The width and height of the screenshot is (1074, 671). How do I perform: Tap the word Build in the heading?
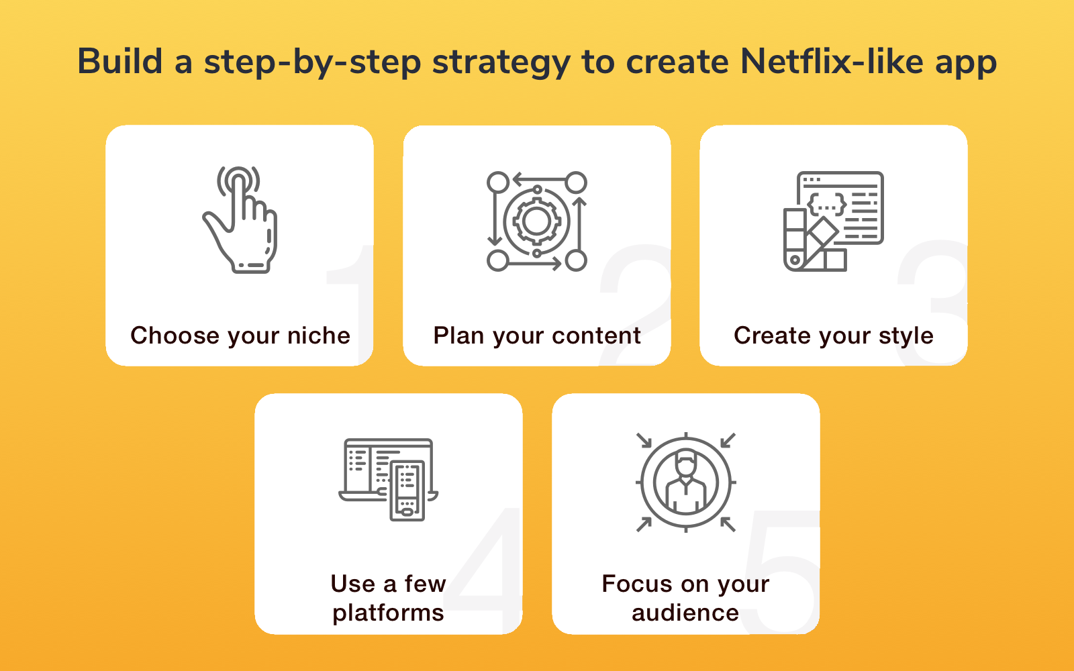tap(120, 62)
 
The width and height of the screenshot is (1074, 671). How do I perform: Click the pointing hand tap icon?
tap(240, 219)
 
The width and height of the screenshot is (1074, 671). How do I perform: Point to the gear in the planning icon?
tap(536, 221)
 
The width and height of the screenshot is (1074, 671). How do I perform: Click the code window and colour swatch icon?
tap(833, 221)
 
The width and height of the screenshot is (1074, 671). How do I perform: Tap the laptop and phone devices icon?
tap(389, 479)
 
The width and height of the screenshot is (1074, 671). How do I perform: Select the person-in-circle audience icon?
tap(685, 482)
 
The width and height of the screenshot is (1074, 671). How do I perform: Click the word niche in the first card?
tap(319, 335)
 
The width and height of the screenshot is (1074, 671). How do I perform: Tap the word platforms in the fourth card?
tap(388, 613)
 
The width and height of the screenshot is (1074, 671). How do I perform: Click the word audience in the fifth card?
tap(685, 613)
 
